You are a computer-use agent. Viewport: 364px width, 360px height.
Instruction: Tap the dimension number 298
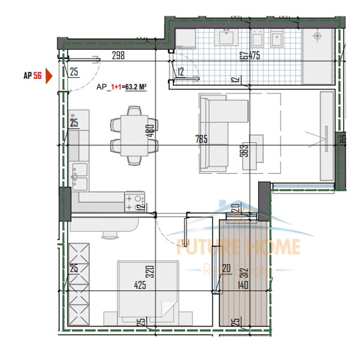click(118, 56)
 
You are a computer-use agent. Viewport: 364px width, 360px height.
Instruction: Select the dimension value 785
click(201, 139)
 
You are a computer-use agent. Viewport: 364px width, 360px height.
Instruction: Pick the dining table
click(134, 135)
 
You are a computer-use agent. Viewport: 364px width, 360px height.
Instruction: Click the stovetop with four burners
click(135, 202)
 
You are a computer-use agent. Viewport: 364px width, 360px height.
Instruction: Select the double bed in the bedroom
click(148, 292)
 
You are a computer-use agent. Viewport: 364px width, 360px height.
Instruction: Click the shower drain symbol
click(318, 36)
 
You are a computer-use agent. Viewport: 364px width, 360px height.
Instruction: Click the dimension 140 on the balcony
click(243, 285)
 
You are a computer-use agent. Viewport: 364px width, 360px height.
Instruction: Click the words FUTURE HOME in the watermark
click(239, 246)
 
